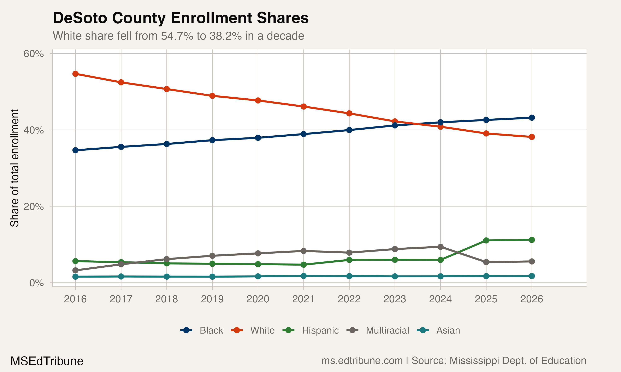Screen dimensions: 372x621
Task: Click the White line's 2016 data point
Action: tap(75, 74)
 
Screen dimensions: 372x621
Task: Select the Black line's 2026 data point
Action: tap(532, 118)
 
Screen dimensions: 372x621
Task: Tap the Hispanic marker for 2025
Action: tap(486, 240)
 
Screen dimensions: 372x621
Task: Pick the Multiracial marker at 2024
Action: tap(440, 247)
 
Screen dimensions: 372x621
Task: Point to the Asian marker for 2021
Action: tap(303, 276)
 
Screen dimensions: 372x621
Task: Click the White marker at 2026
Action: tap(532, 137)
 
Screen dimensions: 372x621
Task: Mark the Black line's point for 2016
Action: tap(75, 150)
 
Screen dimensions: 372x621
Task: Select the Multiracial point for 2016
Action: tap(75, 270)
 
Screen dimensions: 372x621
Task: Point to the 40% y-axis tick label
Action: tap(33, 130)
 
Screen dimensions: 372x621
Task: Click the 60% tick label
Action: tap(33, 54)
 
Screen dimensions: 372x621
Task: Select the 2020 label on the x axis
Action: tap(258, 299)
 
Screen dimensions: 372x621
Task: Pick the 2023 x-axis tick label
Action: tap(395, 299)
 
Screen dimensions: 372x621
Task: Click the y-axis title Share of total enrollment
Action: tap(14, 168)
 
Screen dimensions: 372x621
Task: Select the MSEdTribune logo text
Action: tap(47, 361)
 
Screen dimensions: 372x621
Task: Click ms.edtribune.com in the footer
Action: tap(362, 361)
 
